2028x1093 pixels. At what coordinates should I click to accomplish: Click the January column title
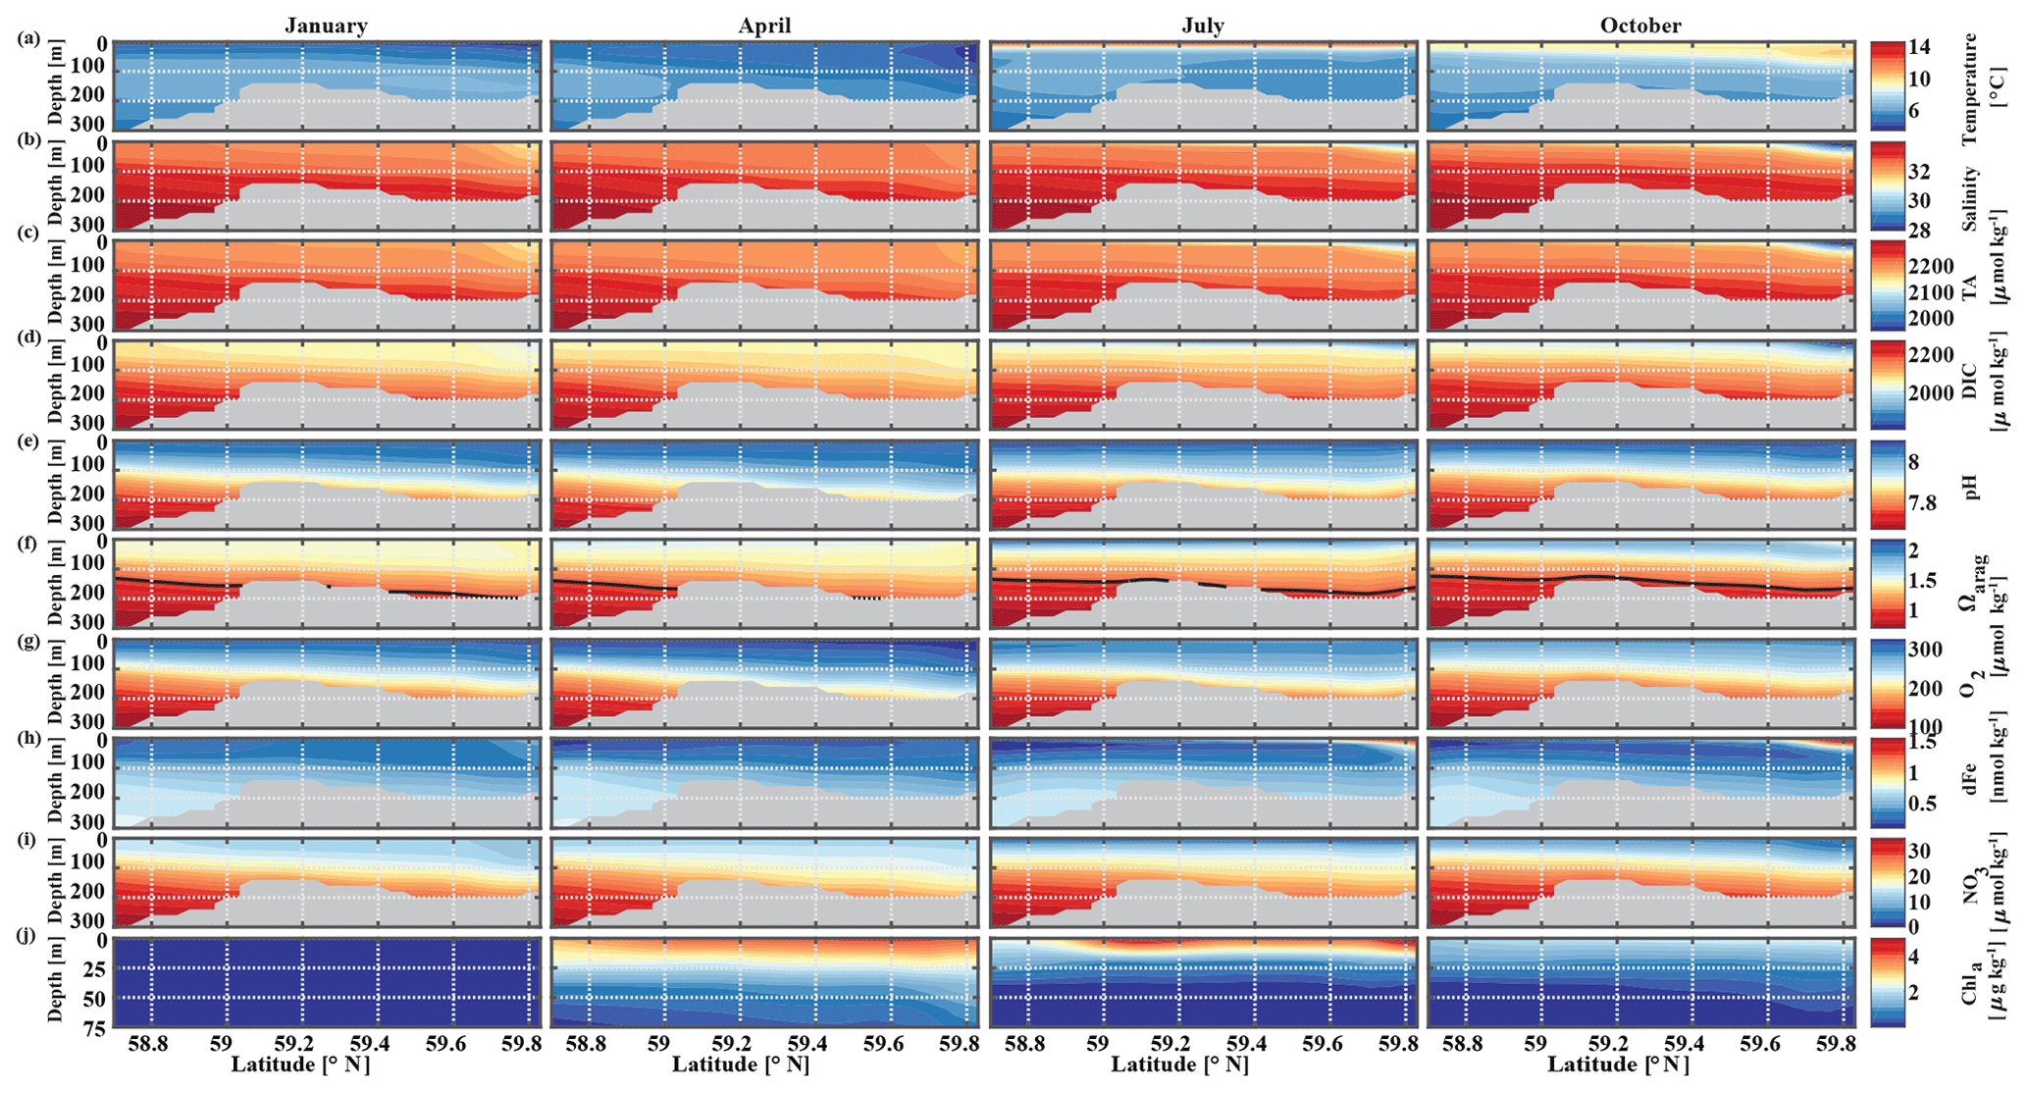pyautogui.click(x=326, y=26)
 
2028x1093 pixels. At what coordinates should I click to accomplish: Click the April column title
pyautogui.click(x=764, y=26)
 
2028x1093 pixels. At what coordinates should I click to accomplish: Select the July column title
pyautogui.click(x=1203, y=26)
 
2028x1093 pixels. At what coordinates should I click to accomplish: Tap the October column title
pyautogui.click(x=1640, y=26)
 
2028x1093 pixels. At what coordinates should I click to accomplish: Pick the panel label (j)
pyautogui.click(x=28, y=935)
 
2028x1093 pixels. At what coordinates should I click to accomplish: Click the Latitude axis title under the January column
pyautogui.click(x=300, y=1065)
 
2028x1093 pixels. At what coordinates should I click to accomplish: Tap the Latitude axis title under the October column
pyautogui.click(x=1619, y=1065)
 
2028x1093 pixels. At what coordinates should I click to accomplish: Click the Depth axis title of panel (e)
pyautogui.click(x=55, y=484)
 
